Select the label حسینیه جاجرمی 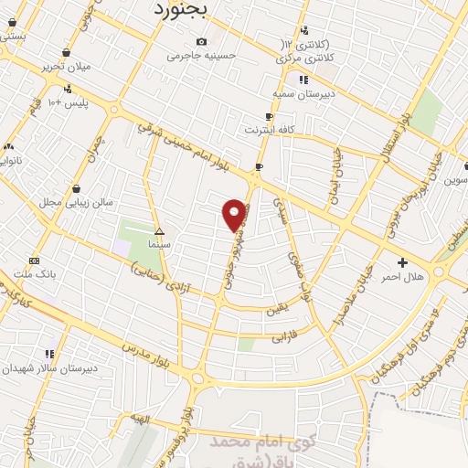(201, 55)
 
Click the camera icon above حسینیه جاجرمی (201, 41)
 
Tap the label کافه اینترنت (269, 131)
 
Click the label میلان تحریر (67, 68)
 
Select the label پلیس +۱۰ (68, 101)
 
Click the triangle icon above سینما (159, 231)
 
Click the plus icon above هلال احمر (403, 262)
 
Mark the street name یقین (274, 310)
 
